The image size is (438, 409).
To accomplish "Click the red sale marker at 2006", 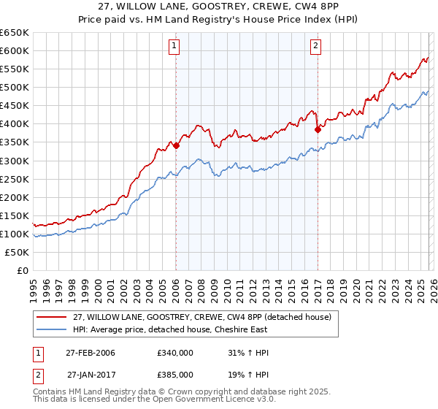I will pos(176,145).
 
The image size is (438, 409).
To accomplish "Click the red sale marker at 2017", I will pos(318,129).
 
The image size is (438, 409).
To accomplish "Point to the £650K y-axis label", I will pos(15,33).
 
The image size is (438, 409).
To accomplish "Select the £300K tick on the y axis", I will pos(15,161).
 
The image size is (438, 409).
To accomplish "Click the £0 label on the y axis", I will pos(22,271).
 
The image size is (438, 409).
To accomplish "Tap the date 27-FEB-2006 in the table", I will pos(91,353).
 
